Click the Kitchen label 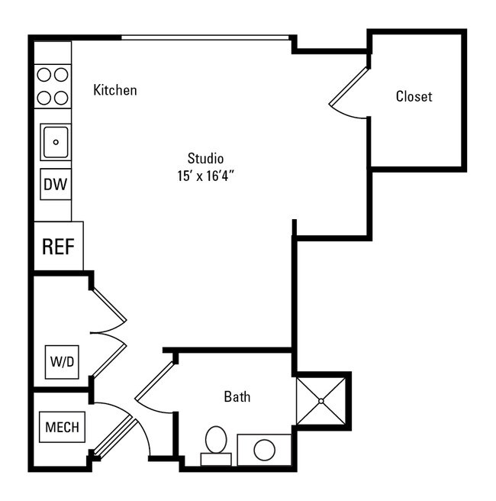click(x=115, y=90)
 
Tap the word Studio click(x=205, y=159)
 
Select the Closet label click(x=414, y=97)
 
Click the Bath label click(x=237, y=397)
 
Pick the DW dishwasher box click(x=55, y=184)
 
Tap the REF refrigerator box click(x=58, y=247)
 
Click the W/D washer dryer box click(x=63, y=361)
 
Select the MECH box click(x=62, y=427)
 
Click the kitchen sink click(x=56, y=142)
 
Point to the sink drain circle click(x=56, y=142)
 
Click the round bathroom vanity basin click(x=264, y=450)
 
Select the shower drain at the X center click(x=321, y=401)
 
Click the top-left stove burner click(x=44, y=74)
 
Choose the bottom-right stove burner click(x=61, y=97)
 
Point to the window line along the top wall click(x=206, y=37)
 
